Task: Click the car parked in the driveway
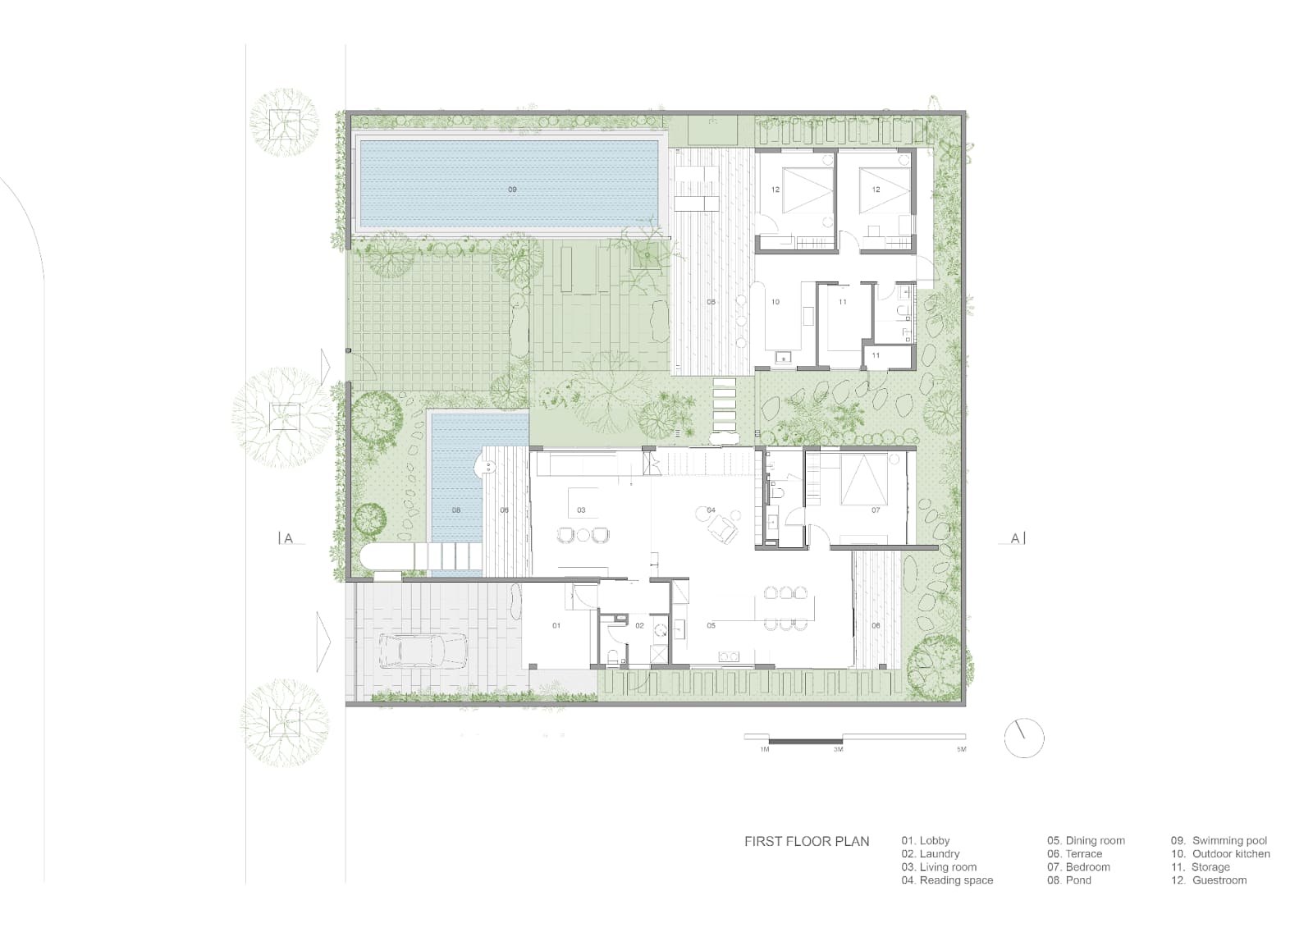pyautogui.click(x=423, y=651)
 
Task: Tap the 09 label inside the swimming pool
pyautogui.click(x=512, y=190)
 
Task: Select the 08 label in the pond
pyautogui.click(x=456, y=510)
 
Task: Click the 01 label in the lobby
pyautogui.click(x=556, y=625)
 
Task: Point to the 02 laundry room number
pyautogui.click(x=639, y=625)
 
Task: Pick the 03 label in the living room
pyautogui.click(x=582, y=510)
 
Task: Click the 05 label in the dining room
pyautogui.click(x=711, y=625)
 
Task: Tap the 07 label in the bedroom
pyautogui.click(x=876, y=510)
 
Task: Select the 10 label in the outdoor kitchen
pyautogui.click(x=775, y=302)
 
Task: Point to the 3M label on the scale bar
pyautogui.click(x=838, y=749)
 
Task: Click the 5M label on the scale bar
pyautogui.click(x=961, y=749)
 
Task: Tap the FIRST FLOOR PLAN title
pyautogui.click(x=807, y=841)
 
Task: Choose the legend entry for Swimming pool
pyautogui.click(x=1219, y=841)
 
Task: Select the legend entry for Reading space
pyautogui.click(x=947, y=880)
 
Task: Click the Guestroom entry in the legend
pyautogui.click(x=1209, y=880)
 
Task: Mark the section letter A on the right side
pyautogui.click(x=1015, y=538)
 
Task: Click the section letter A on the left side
pyautogui.click(x=288, y=538)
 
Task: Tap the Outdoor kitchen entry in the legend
pyautogui.click(x=1220, y=854)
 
